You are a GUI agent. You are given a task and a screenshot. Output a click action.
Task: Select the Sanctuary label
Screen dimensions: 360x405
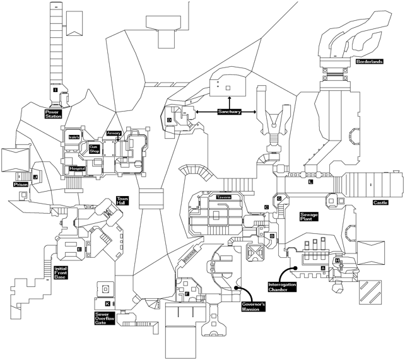pyautogui.click(x=230, y=112)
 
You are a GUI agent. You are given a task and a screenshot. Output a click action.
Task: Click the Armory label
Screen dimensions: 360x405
pyautogui.click(x=114, y=133)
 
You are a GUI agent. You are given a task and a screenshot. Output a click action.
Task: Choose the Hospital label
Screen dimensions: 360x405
pyautogui.click(x=78, y=169)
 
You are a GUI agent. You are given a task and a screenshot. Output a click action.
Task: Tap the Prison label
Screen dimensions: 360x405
pyautogui.click(x=21, y=185)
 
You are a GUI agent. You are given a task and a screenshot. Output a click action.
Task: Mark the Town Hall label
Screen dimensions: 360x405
pyautogui.click(x=122, y=201)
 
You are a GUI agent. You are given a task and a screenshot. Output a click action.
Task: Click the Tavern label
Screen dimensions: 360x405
pyautogui.click(x=224, y=197)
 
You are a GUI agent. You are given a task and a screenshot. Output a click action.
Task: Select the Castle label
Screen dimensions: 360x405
pyautogui.click(x=380, y=202)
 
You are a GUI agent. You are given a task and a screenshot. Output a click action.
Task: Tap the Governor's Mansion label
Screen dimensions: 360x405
pyautogui.click(x=255, y=308)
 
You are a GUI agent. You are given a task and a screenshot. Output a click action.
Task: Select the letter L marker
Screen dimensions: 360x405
pyautogui.click(x=311, y=182)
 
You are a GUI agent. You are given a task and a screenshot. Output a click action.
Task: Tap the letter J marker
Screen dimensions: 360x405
pyautogui.click(x=35, y=178)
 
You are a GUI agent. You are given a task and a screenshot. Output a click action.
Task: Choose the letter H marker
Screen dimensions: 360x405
pyautogui.click(x=337, y=261)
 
